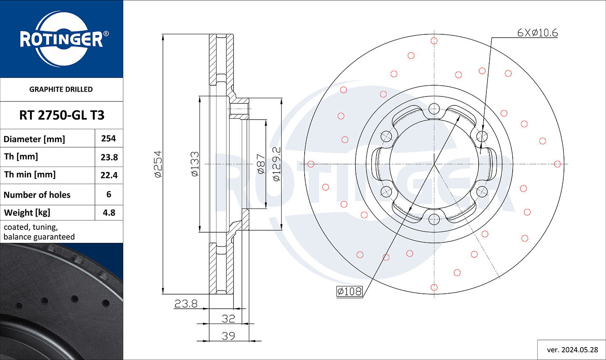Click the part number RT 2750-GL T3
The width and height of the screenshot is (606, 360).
tap(62, 115)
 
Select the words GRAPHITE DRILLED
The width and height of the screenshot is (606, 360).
tap(61, 89)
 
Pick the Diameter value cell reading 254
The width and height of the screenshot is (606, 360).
tap(109, 139)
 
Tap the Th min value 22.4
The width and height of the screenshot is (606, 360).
tap(109, 175)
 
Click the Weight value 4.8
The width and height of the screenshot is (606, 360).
tap(109, 213)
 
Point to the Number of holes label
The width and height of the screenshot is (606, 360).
tap(37, 195)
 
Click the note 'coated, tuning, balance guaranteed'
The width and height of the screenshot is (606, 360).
tap(39, 232)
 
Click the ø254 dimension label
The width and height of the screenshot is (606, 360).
tap(158, 164)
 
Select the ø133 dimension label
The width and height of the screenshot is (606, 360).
tap(194, 164)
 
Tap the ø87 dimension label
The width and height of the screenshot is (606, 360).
tap(261, 164)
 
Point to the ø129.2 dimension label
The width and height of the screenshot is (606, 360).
tap(276, 164)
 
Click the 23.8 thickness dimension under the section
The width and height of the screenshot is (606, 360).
tap(186, 304)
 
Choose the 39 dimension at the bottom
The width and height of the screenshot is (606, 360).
tap(228, 336)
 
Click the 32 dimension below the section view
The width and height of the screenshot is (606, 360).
tap(228, 319)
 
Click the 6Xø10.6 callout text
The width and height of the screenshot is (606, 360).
tap(538, 33)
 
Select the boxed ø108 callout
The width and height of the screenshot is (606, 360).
tap(349, 291)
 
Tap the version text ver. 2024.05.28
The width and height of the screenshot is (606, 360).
tap(572, 350)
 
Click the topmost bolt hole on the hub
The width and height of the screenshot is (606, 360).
tap(434, 109)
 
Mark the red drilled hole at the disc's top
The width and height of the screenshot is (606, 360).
tap(434, 41)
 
